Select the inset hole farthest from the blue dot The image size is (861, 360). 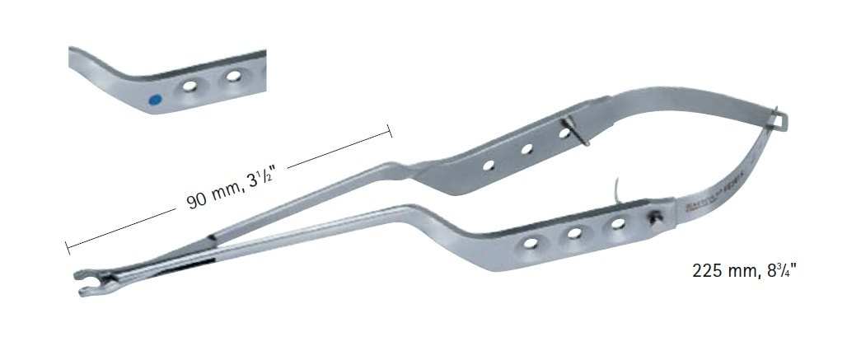(x=234, y=78)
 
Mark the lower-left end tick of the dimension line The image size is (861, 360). (x=67, y=246)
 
